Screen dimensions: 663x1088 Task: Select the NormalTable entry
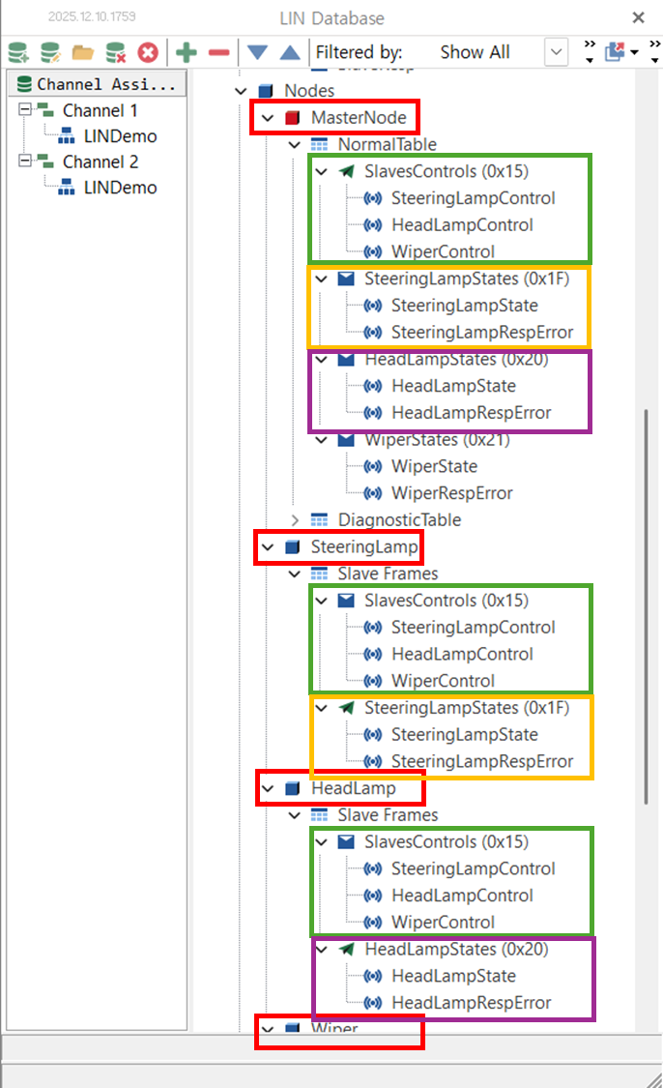pyautogui.click(x=387, y=145)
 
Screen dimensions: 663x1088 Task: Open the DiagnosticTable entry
pyautogui.click(x=398, y=520)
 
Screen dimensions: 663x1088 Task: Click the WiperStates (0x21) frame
pyautogui.click(x=437, y=440)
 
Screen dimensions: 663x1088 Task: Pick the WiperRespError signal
pyautogui.click(x=451, y=493)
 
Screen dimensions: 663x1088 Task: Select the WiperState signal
pyautogui.click(x=434, y=466)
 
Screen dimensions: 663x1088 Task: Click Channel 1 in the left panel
pyautogui.click(x=100, y=110)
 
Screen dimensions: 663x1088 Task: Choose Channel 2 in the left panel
pyautogui.click(x=100, y=162)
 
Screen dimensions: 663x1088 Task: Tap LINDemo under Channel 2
pyautogui.click(x=120, y=188)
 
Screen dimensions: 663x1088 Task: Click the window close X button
pyautogui.click(x=638, y=17)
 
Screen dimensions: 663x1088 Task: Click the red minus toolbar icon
pyautogui.click(x=219, y=52)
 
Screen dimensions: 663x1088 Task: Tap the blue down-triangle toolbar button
pyautogui.click(x=257, y=52)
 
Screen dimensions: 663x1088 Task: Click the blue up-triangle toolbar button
pyautogui.click(x=289, y=52)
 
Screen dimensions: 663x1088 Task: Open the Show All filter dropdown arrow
pyautogui.click(x=557, y=52)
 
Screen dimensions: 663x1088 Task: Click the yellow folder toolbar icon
pyautogui.click(x=83, y=52)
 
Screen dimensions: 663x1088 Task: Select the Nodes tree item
pyautogui.click(x=308, y=91)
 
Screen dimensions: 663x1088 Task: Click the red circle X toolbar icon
pyautogui.click(x=148, y=52)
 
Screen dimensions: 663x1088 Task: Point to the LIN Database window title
pyautogui.click(x=331, y=17)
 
